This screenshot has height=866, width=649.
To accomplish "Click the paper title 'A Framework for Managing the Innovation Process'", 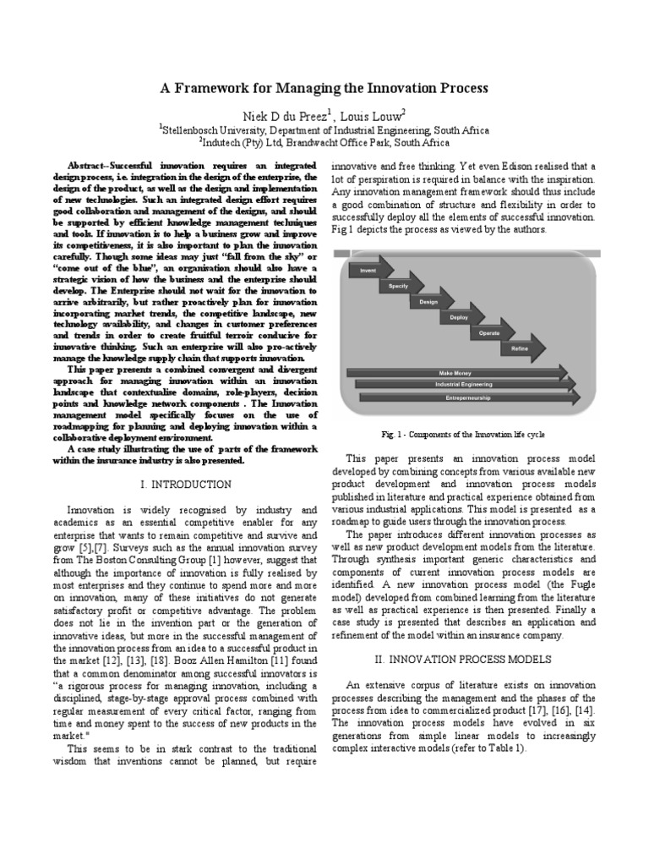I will [x=324, y=88].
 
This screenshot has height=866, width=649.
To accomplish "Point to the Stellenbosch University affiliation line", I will [x=324, y=130].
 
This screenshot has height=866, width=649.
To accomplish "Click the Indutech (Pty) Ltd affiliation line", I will [x=324, y=143].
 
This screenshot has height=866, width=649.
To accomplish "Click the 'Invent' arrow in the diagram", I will [x=368, y=271].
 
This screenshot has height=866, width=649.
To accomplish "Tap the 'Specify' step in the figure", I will [x=399, y=287].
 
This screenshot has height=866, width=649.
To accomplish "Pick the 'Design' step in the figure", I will [x=428, y=302].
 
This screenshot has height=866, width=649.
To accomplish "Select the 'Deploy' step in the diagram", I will [x=460, y=318].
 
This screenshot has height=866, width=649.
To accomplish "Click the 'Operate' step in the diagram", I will [x=490, y=333].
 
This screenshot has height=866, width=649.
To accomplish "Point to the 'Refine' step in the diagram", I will [x=520, y=348].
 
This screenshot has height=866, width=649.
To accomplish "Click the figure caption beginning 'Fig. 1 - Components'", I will [x=461, y=434].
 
